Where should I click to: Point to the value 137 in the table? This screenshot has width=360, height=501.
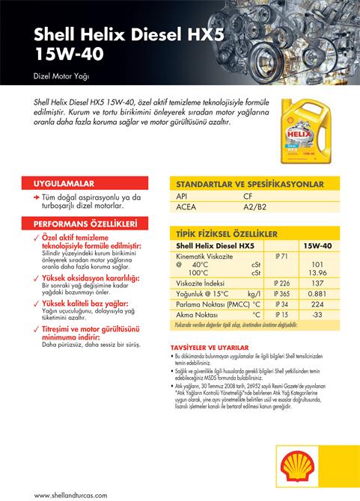tap(317, 283)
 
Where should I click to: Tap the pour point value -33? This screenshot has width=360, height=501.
tap(317, 315)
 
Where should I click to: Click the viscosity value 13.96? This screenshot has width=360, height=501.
tap(317, 273)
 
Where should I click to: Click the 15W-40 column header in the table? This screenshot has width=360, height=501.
tap(317, 245)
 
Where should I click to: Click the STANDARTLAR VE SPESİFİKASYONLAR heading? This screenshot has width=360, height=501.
tap(249, 184)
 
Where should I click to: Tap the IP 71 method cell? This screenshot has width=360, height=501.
tap(281, 256)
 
